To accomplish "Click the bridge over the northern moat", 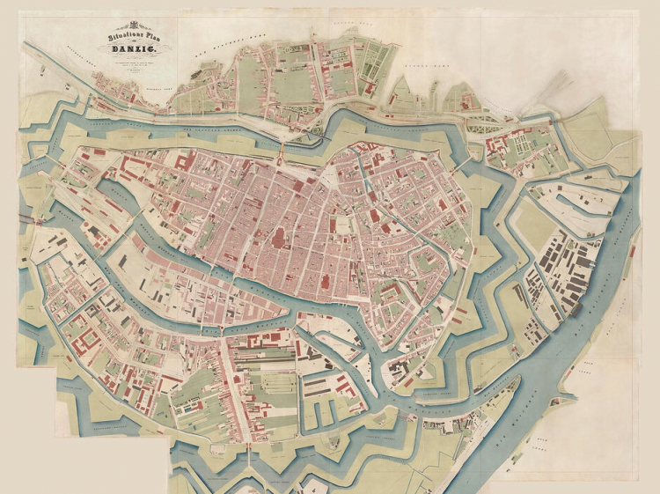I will [x=281, y=159].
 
